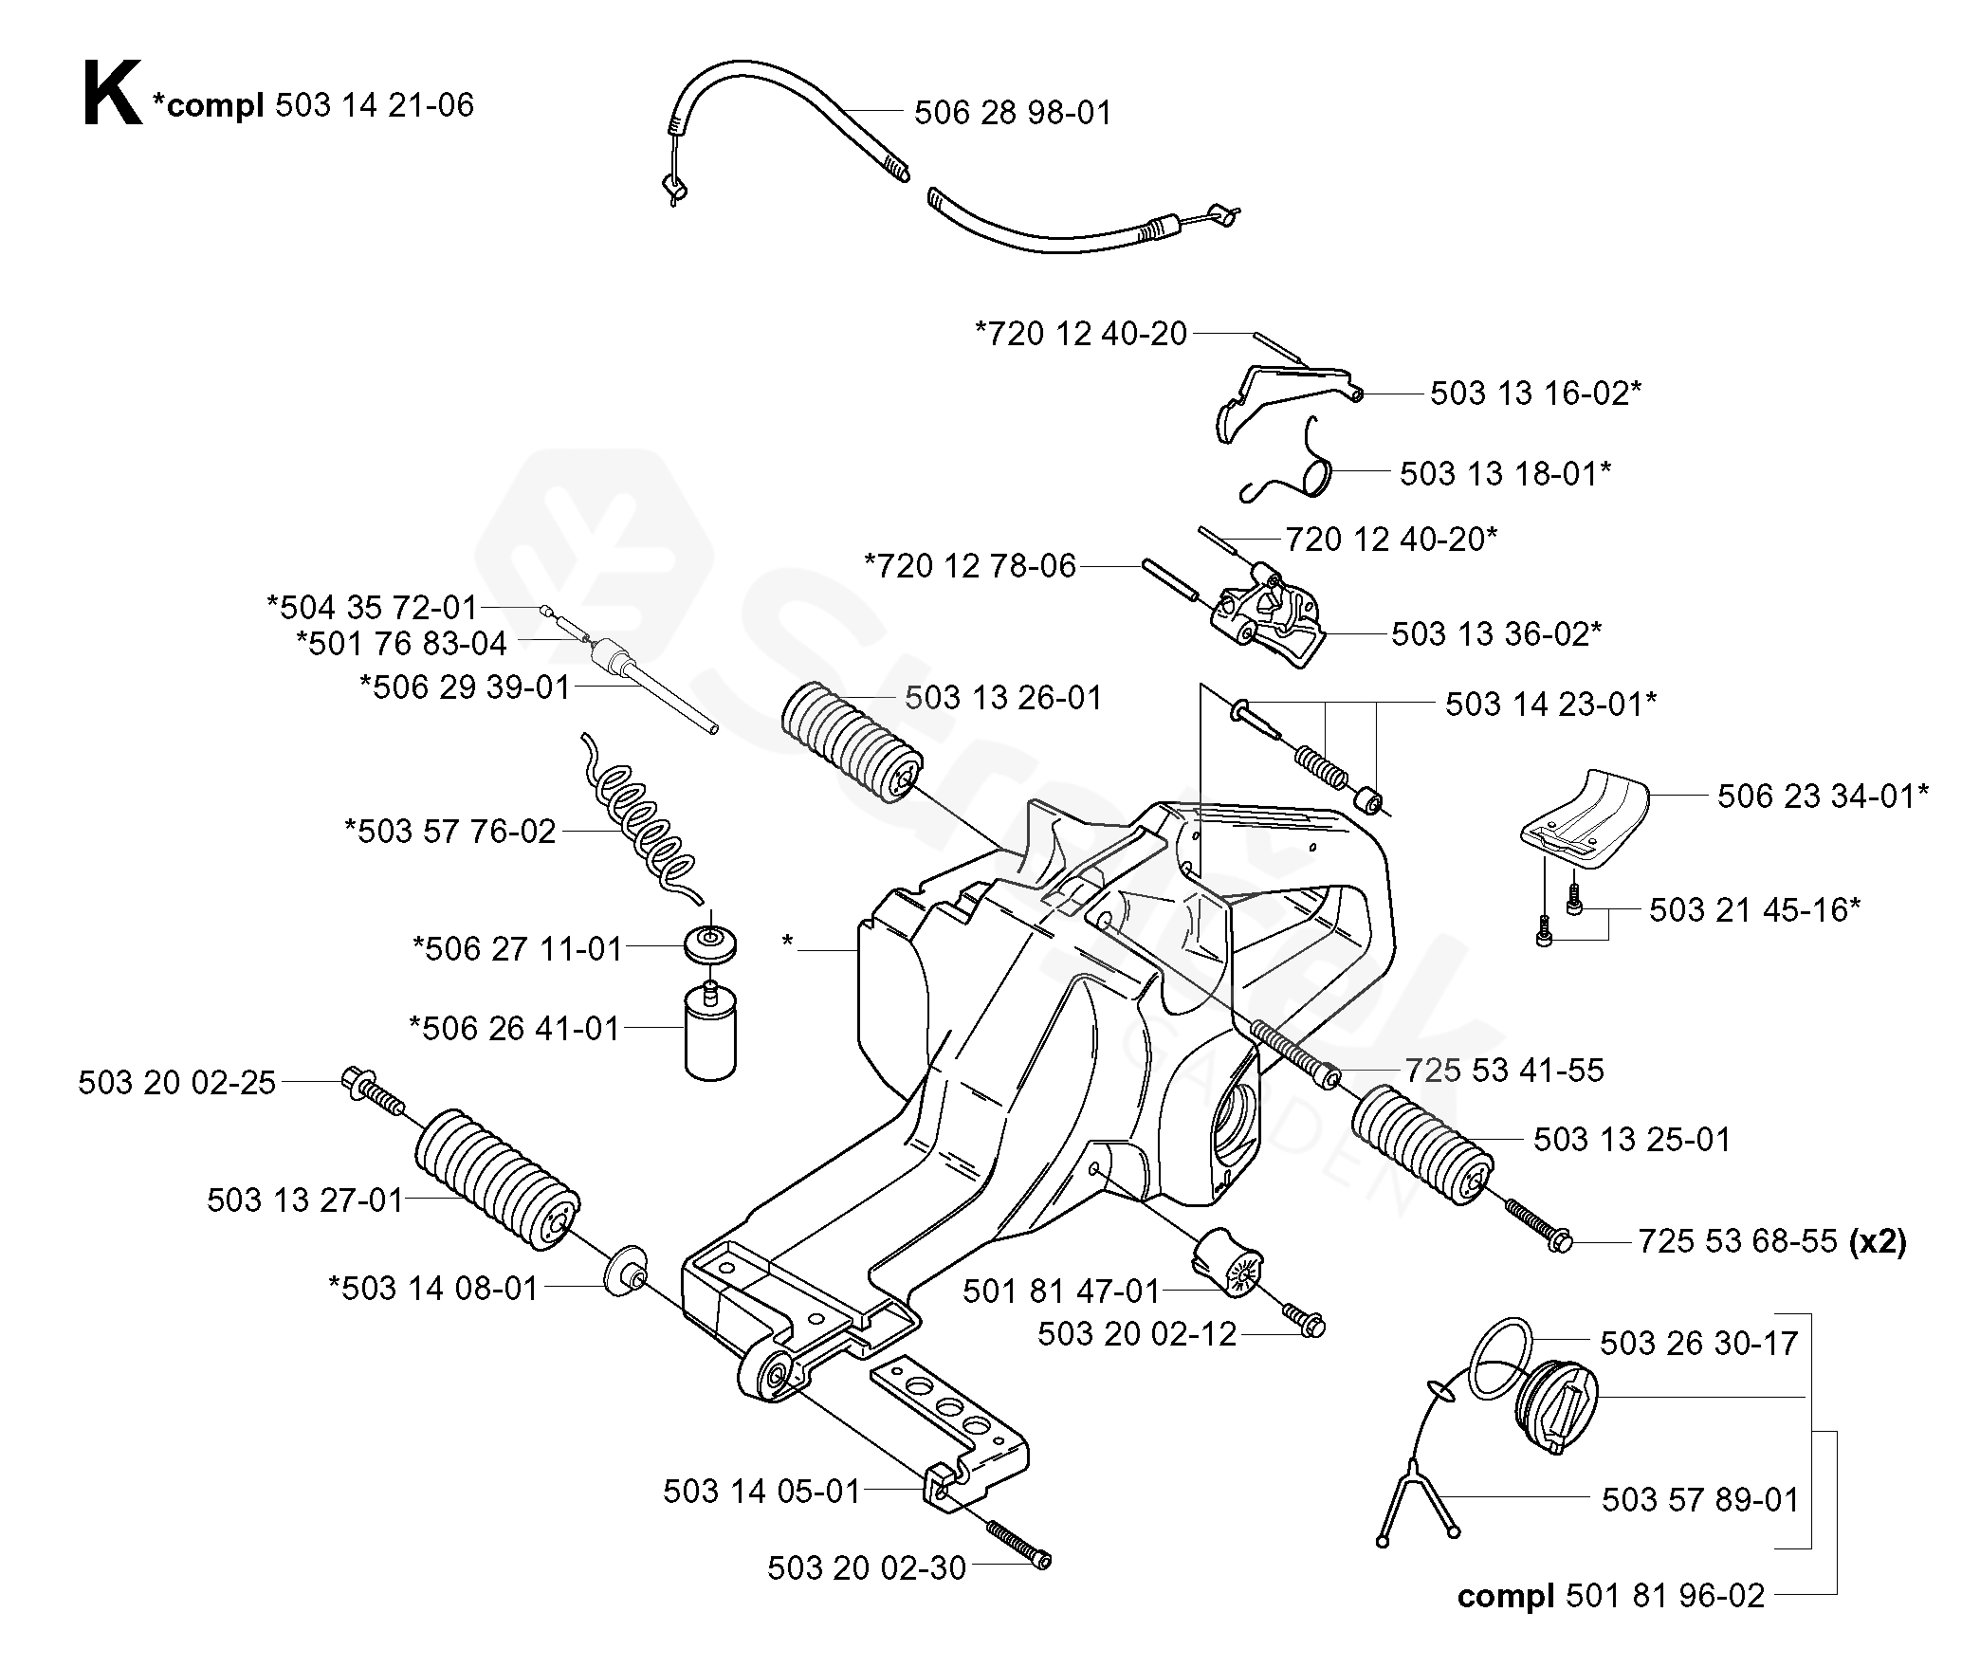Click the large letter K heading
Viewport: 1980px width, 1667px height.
(113, 94)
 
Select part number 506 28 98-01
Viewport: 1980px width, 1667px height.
(1013, 113)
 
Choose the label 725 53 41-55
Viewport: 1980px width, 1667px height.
(1505, 1071)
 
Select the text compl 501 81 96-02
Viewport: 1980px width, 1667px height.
(1611, 1596)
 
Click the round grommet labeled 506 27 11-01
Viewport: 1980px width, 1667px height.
(710, 945)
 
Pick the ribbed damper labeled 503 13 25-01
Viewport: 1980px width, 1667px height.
(1421, 1144)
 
